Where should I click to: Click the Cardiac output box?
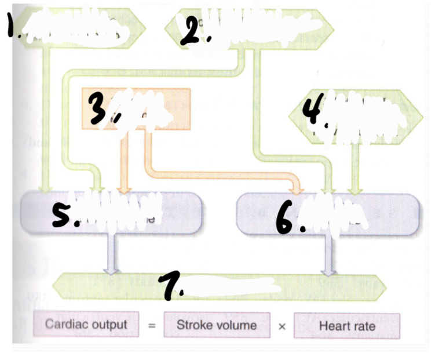pyautogui.click(x=86, y=324)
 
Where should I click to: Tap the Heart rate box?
pyautogui.click(x=346, y=326)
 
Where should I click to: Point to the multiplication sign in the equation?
pyautogui.click(x=282, y=326)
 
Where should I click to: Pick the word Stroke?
pyautogui.click(x=194, y=325)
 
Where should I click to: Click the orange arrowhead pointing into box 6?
pyautogui.click(x=297, y=188)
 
